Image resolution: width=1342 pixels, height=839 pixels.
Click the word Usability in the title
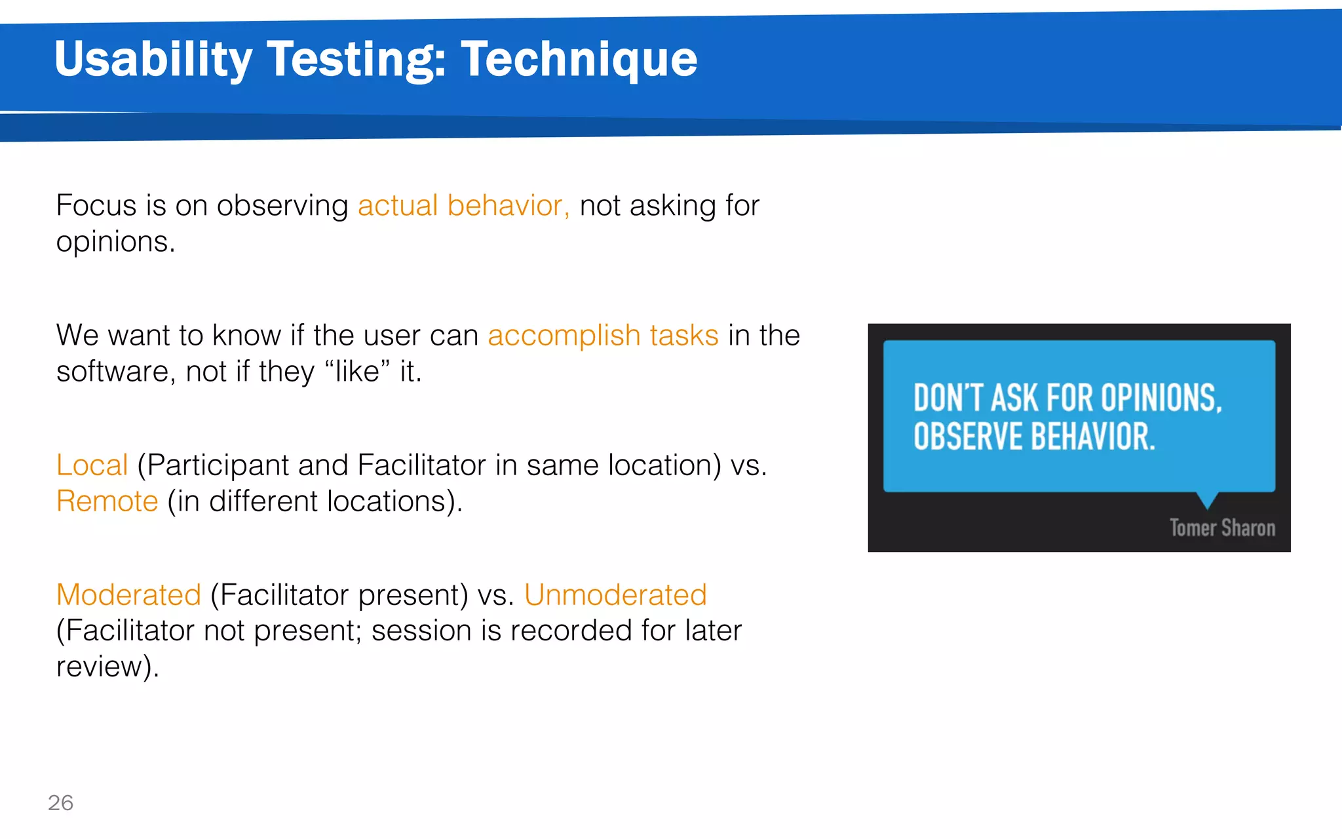pos(153,59)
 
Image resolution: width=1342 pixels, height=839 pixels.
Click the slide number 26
pos(60,802)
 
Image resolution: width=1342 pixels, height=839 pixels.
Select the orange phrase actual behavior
pos(463,206)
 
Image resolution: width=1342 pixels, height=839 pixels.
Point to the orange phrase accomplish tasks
pos(603,336)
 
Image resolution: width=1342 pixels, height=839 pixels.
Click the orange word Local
pos(92,465)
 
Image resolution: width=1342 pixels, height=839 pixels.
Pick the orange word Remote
pos(107,501)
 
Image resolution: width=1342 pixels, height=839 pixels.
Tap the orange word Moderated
pos(128,595)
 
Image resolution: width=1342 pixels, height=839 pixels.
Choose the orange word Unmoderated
pos(615,595)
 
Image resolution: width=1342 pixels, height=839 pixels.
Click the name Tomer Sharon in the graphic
pos(1222,528)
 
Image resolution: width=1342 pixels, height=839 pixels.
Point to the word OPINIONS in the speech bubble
pos(1160,398)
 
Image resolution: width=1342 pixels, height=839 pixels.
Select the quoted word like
pos(357,372)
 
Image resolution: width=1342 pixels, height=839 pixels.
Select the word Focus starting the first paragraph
pos(96,206)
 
